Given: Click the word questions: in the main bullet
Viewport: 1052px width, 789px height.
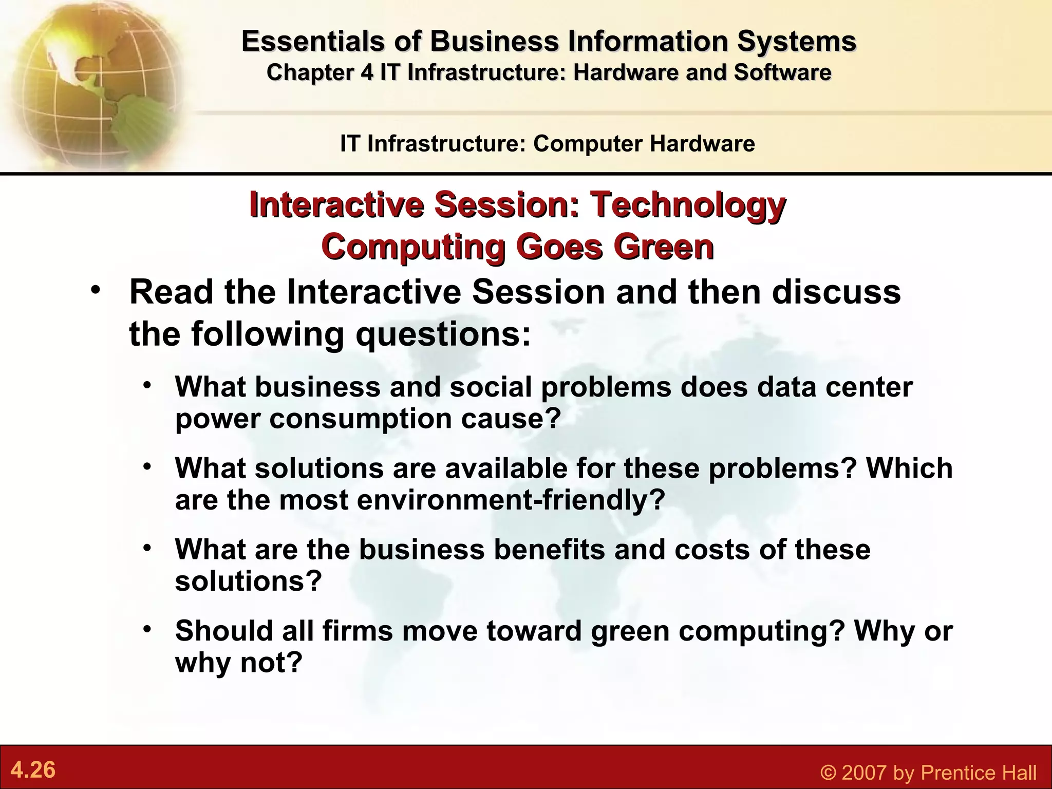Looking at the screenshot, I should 444,334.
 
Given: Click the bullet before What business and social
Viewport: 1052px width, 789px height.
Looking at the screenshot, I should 147,385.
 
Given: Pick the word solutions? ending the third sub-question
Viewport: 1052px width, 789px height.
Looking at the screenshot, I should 248,581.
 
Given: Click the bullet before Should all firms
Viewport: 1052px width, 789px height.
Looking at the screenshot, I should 147,629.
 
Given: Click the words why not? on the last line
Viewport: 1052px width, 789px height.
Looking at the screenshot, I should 239,663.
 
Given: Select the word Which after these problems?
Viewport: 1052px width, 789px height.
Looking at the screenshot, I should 909,468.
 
